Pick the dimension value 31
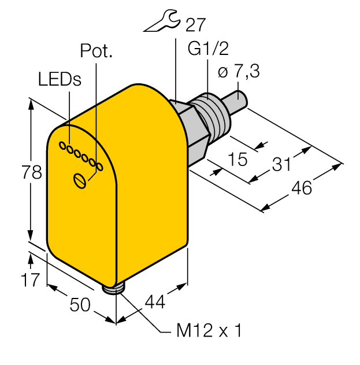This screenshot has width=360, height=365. (x=280, y=164)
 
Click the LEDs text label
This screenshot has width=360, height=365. (x=60, y=79)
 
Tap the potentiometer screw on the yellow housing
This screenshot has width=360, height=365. (x=80, y=180)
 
